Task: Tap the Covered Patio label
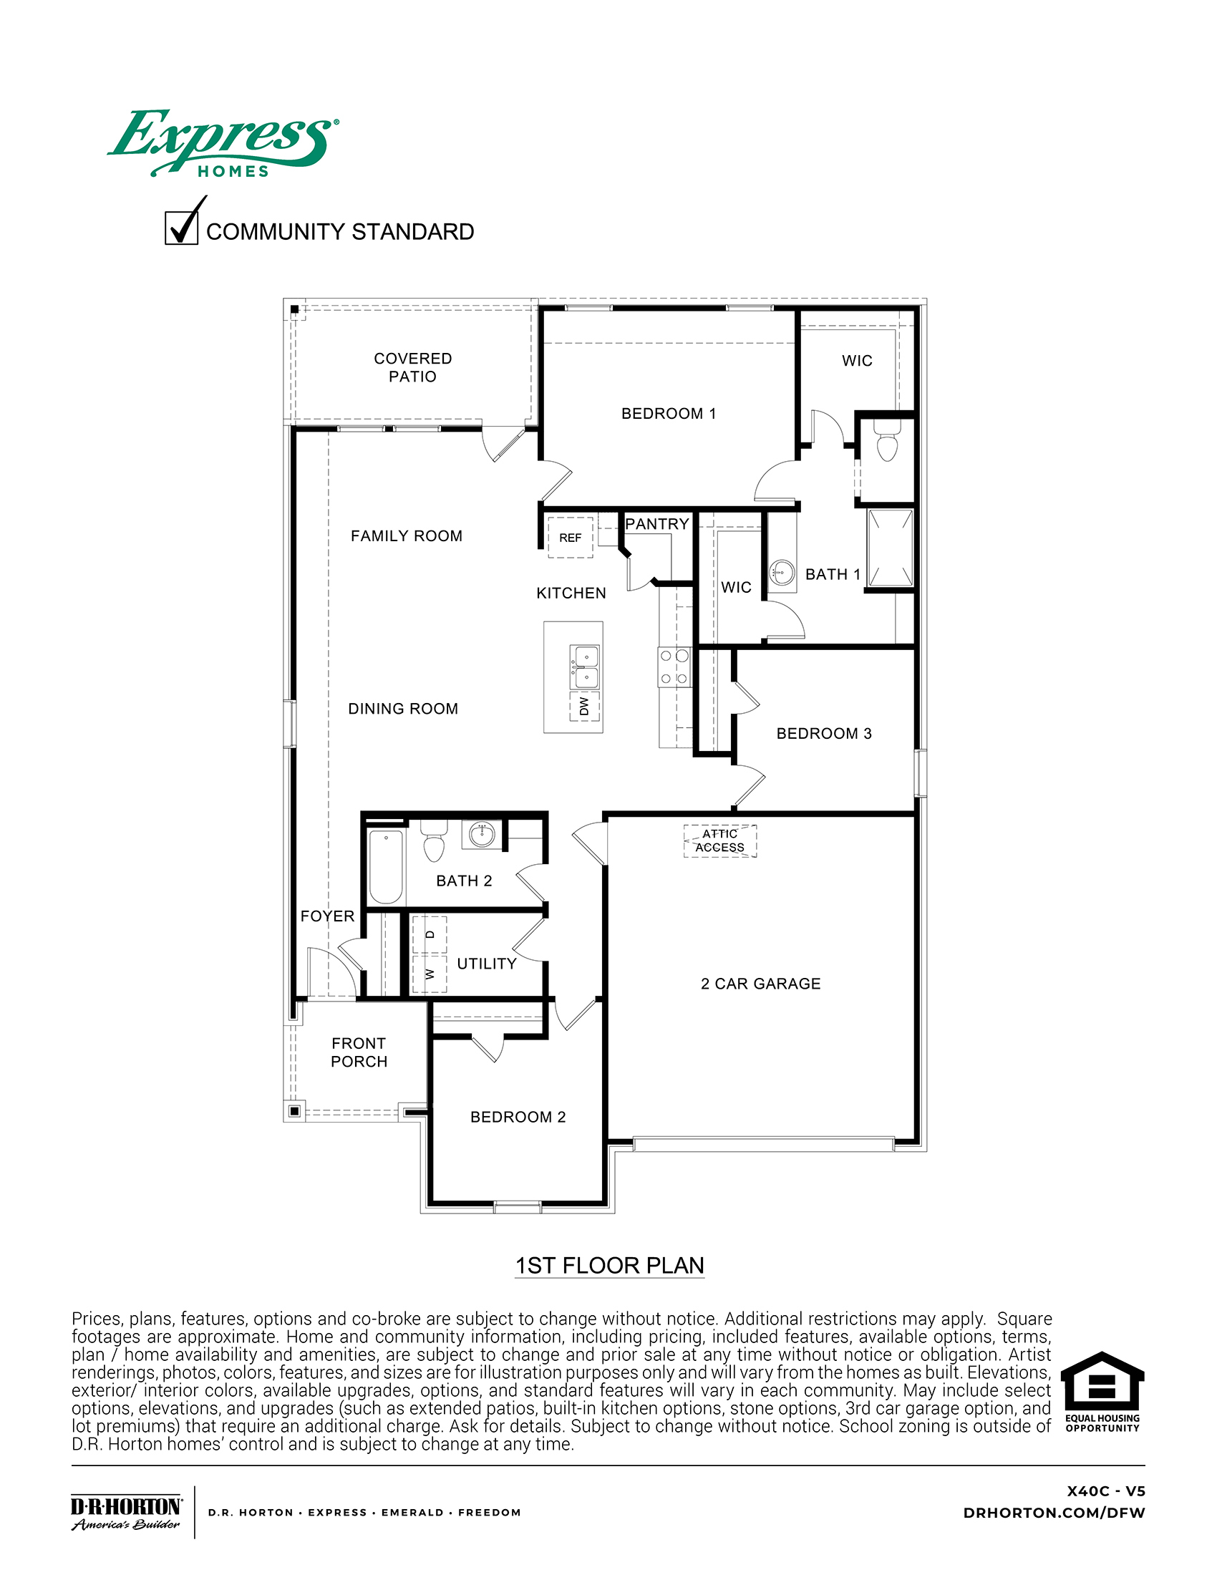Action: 412,367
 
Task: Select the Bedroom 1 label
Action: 669,414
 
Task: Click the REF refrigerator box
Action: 571,537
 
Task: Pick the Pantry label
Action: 656,524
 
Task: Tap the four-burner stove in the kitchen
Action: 674,667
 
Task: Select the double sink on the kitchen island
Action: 585,667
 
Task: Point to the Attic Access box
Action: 720,841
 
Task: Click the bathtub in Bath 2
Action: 386,866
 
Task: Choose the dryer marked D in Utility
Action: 430,934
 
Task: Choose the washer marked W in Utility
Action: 430,974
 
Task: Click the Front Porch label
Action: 359,1052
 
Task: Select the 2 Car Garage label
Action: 760,984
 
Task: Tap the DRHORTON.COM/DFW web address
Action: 1054,1513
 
